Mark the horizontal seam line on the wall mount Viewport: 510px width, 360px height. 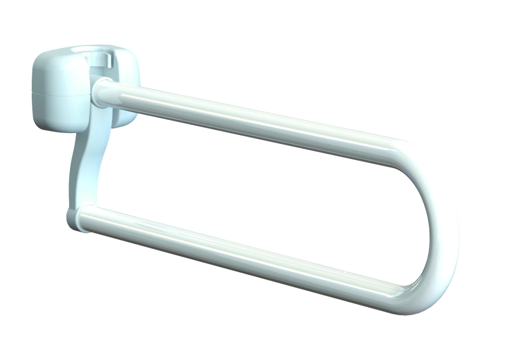59,94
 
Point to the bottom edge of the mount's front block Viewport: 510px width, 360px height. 59,131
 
